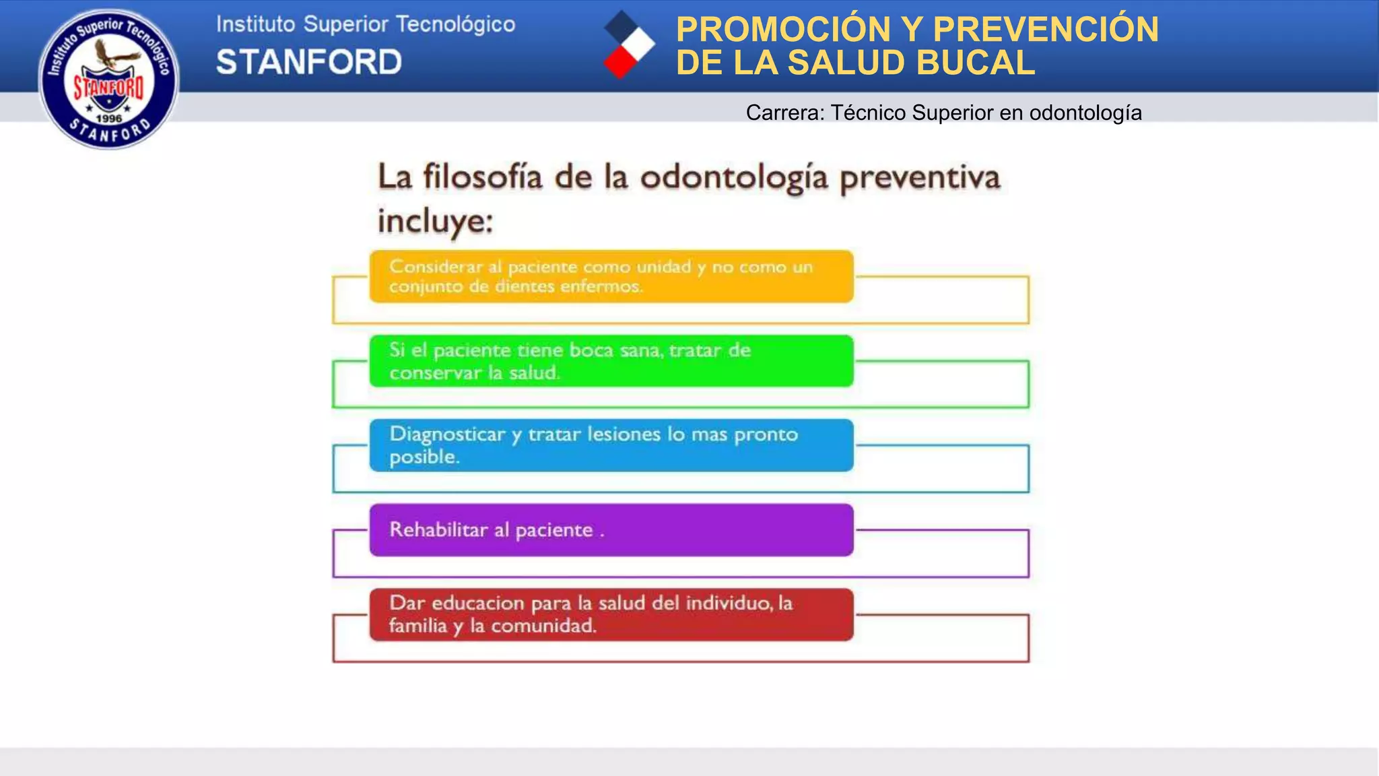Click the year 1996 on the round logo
109,119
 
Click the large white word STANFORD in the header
309,62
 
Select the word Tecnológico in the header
455,24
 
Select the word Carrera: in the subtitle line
785,112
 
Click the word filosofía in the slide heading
482,177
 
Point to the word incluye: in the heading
435,221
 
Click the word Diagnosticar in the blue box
447,434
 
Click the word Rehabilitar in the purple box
438,530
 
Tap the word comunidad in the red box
543,626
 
